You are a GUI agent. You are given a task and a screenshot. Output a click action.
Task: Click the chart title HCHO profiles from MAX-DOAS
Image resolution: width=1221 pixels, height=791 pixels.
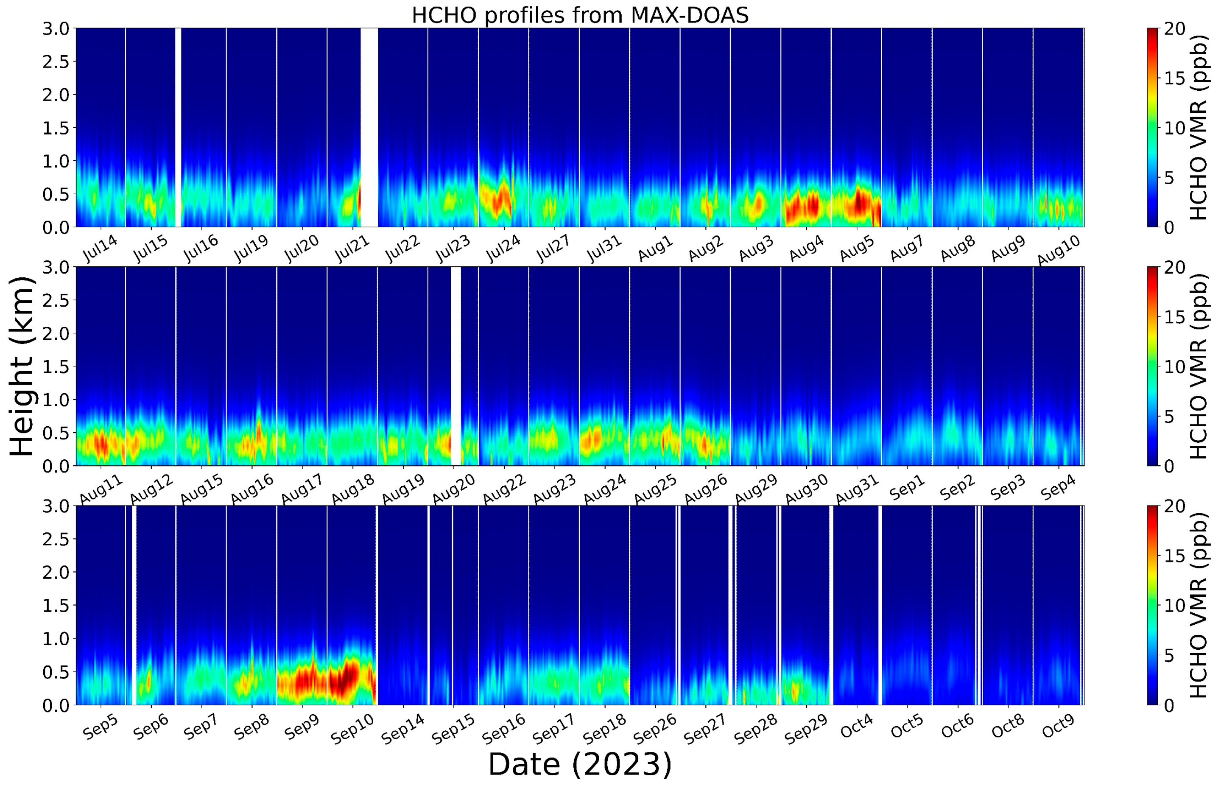click(580, 15)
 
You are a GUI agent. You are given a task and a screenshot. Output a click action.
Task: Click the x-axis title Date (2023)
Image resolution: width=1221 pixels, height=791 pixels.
click(580, 764)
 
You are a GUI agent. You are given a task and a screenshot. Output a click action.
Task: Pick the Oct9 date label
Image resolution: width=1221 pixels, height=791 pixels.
click(1058, 727)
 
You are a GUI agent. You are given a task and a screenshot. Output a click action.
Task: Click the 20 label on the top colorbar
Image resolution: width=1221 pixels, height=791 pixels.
click(1174, 29)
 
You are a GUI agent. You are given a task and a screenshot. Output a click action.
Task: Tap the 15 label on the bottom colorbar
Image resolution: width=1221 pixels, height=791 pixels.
click(1174, 556)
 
